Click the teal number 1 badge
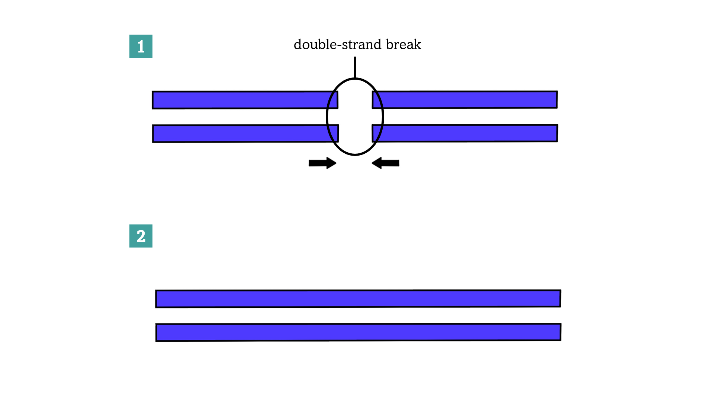tap(141, 46)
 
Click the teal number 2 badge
tap(141, 236)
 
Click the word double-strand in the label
tap(338, 45)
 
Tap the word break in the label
tap(403, 45)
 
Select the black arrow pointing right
tap(322, 163)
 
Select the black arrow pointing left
tap(386, 163)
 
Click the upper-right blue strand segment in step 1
tap(465, 100)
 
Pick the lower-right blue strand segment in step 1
tap(465, 133)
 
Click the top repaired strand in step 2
tap(358, 299)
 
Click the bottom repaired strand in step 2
tap(358, 332)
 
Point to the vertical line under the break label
tap(355, 67)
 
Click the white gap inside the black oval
tap(355, 117)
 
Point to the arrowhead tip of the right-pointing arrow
tap(335, 163)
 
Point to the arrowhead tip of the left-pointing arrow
tap(373, 163)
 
